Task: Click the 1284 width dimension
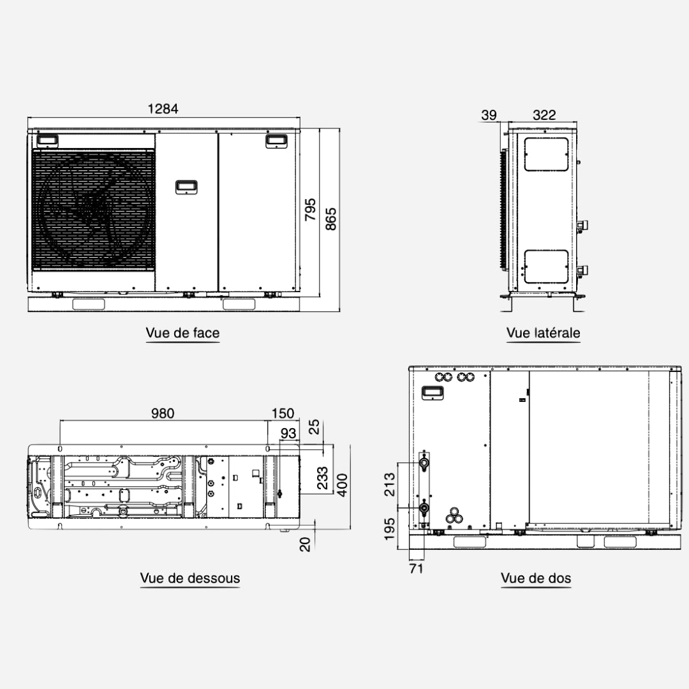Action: click(163, 108)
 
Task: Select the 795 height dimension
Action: click(310, 210)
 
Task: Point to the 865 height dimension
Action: click(330, 219)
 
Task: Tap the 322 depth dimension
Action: click(544, 115)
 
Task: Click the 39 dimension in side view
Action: click(489, 115)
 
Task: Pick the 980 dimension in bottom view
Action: click(163, 413)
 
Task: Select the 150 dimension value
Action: click(283, 413)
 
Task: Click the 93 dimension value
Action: click(288, 433)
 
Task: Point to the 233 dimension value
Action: click(322, 478)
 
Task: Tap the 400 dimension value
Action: click(342, 485)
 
